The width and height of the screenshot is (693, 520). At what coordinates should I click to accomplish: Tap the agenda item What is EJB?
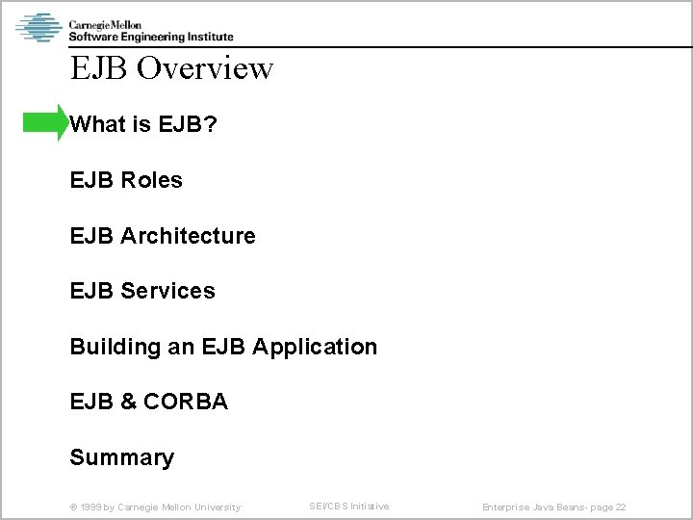143,124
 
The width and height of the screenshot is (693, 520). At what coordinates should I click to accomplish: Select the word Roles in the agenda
152,180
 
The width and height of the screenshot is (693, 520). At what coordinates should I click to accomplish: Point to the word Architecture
188,236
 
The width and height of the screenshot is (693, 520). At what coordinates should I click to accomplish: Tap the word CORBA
186,402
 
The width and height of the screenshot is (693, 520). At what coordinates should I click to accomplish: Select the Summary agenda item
122,457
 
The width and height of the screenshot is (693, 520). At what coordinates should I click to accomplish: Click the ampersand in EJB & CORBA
129,402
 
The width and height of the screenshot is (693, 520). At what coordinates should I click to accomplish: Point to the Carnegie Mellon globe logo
38,27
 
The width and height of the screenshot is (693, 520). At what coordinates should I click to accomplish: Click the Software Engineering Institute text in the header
151,37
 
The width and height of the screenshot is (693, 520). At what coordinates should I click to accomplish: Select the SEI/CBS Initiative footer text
348,507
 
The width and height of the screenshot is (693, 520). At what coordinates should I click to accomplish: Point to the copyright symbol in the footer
73,507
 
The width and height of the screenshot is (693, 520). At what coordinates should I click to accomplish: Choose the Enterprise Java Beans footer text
527,507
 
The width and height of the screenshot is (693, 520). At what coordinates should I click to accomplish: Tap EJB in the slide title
99,68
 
